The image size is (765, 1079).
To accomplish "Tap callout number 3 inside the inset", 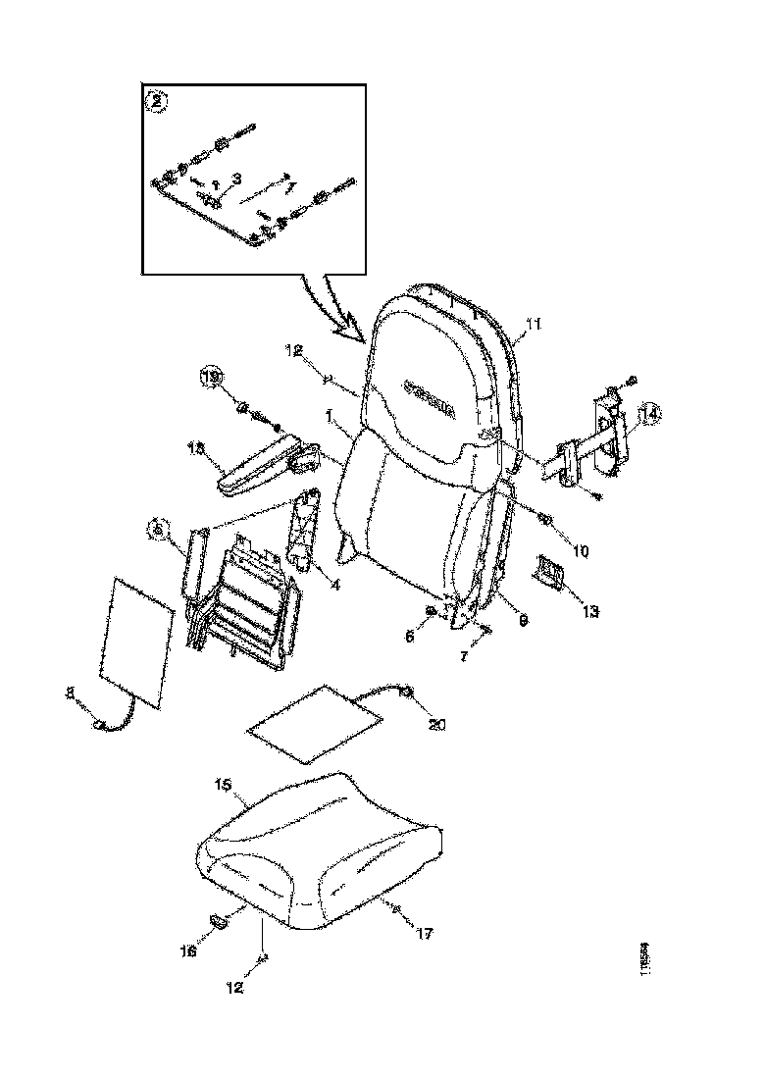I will point(235,179).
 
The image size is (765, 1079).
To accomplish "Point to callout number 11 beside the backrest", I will point(535,323).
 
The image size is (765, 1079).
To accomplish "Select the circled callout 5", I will point(157,530).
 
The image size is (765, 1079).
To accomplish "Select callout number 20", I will point(435,725).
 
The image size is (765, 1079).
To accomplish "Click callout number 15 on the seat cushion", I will point(223,786).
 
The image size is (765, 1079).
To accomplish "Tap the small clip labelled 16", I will point(219,920).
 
